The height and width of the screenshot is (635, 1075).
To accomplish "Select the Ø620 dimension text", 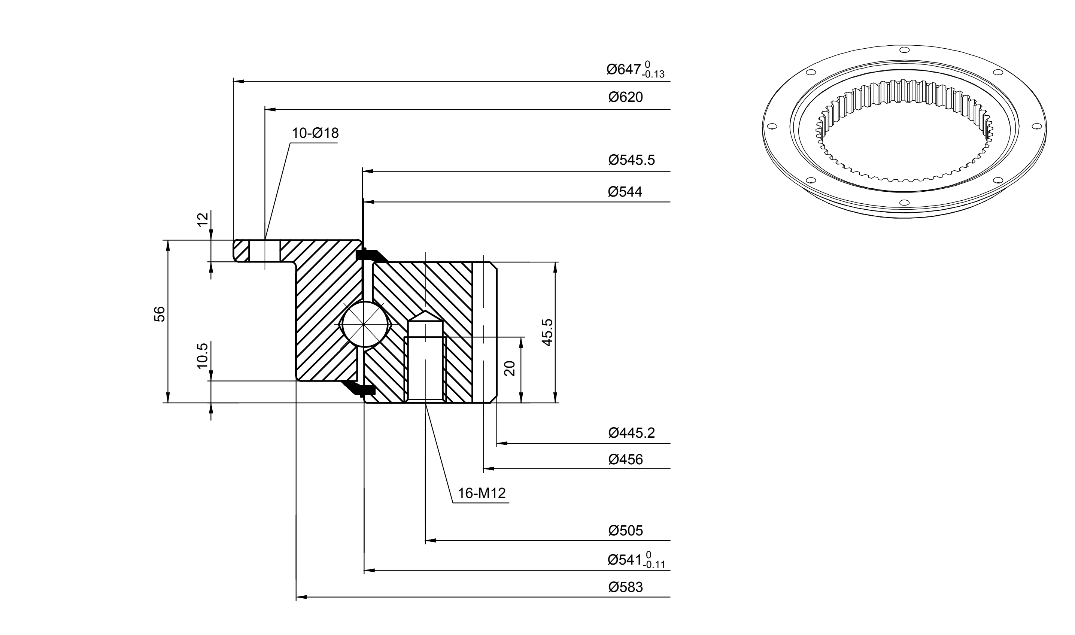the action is (625, 97).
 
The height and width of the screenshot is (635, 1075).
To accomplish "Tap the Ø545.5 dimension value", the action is (632, 160).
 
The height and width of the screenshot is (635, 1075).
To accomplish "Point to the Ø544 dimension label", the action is (625, 192).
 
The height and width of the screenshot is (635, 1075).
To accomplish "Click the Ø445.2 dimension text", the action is (632, 433).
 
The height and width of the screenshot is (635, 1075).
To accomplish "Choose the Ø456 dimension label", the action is (625, 459).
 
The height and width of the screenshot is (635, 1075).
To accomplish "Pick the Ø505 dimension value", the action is (625, 531).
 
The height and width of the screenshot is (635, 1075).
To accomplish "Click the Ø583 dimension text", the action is (625, 587).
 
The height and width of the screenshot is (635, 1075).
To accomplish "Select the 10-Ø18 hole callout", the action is (315, 133).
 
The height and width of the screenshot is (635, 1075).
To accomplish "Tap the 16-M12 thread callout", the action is (482, 493).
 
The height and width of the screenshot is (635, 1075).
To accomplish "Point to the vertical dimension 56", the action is (159, 314).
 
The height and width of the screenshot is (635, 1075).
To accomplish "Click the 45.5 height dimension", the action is (547, 332).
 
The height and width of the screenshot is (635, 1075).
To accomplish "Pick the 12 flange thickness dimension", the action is (203, 219).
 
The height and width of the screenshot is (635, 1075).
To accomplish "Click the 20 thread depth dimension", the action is (509, 368).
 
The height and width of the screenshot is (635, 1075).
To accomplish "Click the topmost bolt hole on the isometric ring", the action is (904, 50).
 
